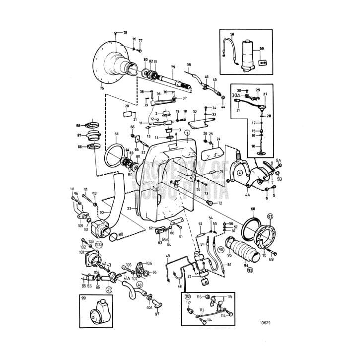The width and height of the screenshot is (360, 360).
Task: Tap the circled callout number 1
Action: (187, 133)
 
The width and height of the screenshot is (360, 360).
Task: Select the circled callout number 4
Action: (240, 173)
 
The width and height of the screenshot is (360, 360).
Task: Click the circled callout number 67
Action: (271, 216)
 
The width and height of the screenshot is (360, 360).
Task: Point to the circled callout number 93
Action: (250, 271)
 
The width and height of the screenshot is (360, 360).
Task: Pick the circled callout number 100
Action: (99, 245)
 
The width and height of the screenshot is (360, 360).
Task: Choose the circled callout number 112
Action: (188, 296)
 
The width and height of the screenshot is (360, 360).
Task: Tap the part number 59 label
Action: (262, 49)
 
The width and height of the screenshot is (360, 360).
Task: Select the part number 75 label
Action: (102, 88)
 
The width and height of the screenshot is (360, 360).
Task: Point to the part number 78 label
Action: (125, 32)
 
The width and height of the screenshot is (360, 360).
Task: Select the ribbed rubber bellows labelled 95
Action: (238, 247)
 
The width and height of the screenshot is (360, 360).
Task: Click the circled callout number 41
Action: (109, 290)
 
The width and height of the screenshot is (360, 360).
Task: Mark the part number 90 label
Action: (101, 213)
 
